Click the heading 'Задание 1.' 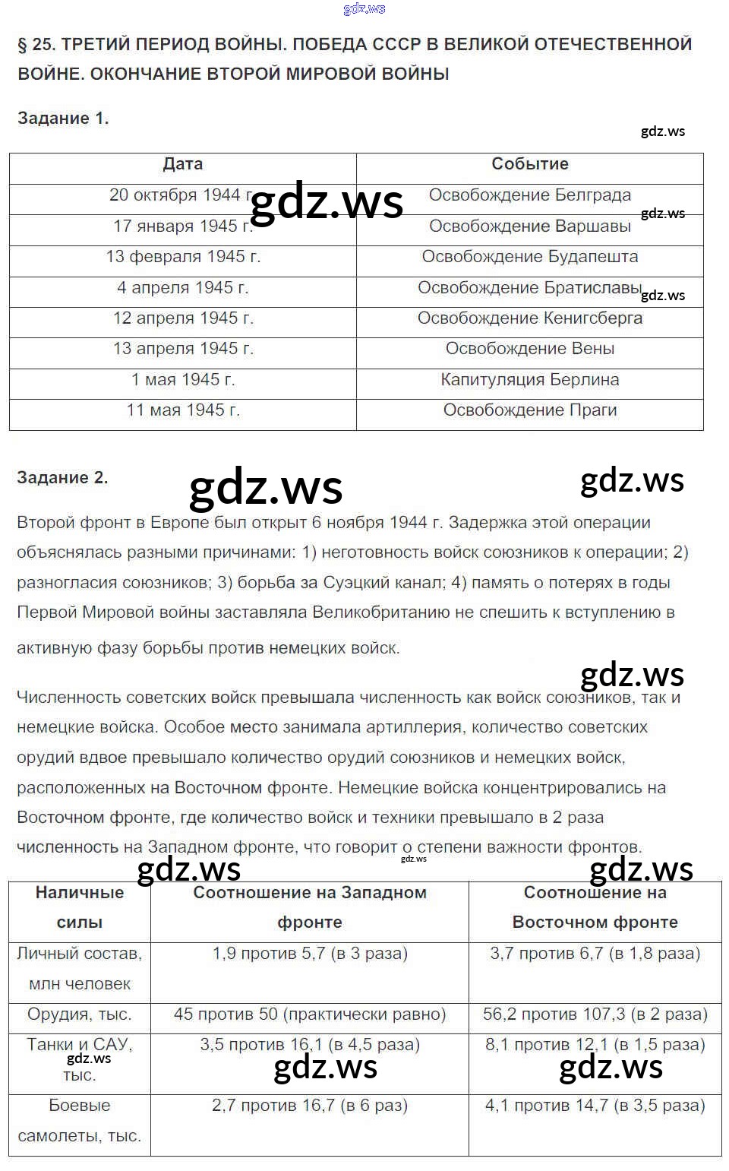coord(63,119)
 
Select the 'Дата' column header coord(183,164)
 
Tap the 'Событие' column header coord(530,164)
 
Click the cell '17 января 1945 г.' coord(183,226)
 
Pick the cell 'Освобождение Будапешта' coord(530,257)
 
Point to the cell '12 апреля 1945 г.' coord(183,318)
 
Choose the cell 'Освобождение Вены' coord(530,349)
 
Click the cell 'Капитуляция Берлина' coord(530,380)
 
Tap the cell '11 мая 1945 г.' coord(183,410)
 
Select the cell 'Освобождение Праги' coord(530,410)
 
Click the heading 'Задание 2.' coord(62,478)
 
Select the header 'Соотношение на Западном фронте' coord(310,907)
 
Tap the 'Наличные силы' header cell coord(80,907)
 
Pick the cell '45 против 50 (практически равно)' coord(310,1014)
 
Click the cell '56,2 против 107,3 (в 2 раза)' coord(595,1014)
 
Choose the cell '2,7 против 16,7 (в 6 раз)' coord(310,1106)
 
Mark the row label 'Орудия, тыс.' coord(80,1014)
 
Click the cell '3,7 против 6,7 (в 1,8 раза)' coord(595,954)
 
